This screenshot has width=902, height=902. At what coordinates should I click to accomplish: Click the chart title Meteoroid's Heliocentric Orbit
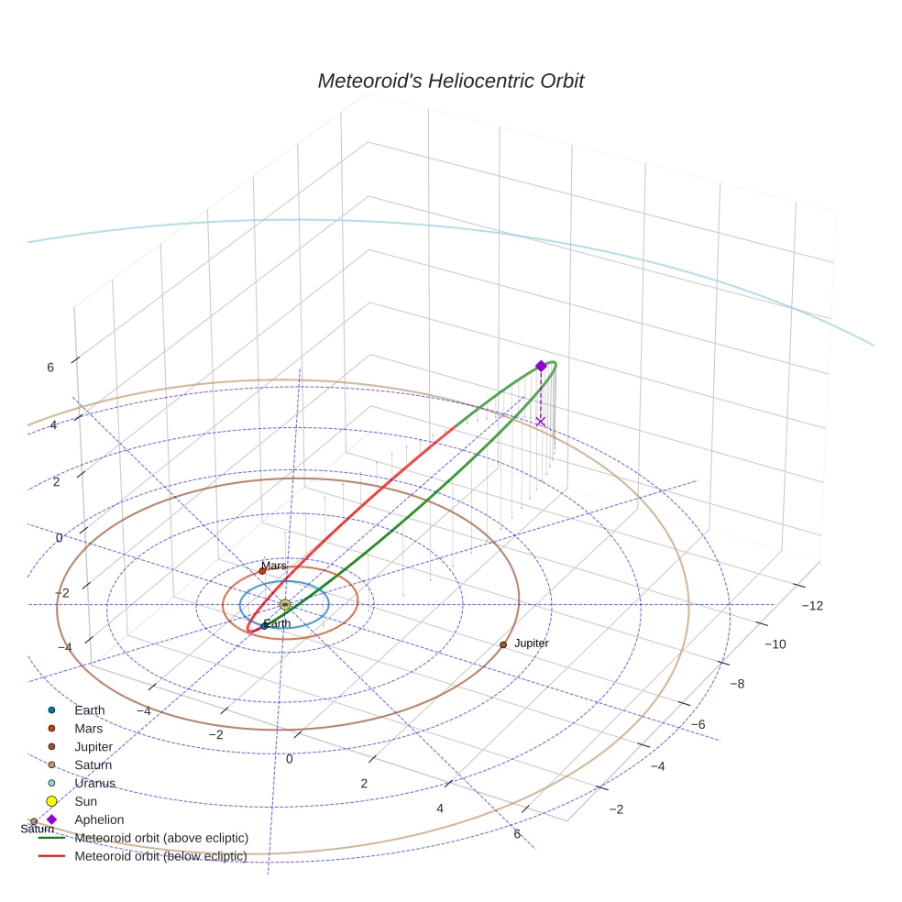[450, 81]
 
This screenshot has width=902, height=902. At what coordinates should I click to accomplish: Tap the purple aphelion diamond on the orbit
[541, 366]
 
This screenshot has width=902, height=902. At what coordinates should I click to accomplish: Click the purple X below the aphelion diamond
[540, 422]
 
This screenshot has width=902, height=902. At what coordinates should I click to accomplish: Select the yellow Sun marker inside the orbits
[285, 605]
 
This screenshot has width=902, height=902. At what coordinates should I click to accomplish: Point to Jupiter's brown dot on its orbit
[503, 644]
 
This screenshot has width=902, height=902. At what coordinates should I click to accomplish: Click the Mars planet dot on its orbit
[262, 571]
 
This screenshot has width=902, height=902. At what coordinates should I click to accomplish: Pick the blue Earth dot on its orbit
[265, 626]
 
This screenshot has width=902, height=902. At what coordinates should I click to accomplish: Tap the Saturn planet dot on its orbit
[34, 821]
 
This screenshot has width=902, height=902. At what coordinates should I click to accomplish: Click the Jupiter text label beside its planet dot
[531, 643]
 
